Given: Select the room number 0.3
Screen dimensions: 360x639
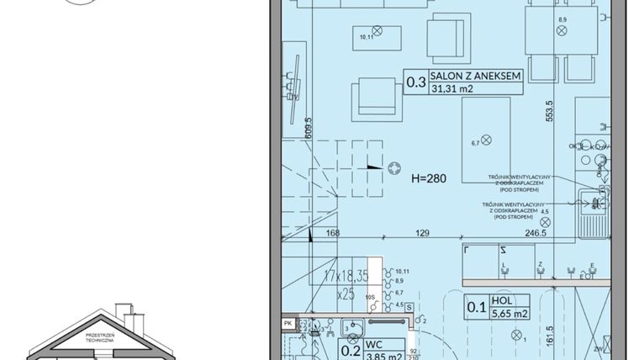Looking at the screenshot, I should [415, 82].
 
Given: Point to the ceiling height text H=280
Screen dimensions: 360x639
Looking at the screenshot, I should [429, 178].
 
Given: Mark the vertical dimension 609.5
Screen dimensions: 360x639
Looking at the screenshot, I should [309, 125].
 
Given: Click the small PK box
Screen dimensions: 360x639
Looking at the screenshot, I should [288, 322].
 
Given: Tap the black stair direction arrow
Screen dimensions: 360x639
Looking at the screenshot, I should [370, 167].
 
